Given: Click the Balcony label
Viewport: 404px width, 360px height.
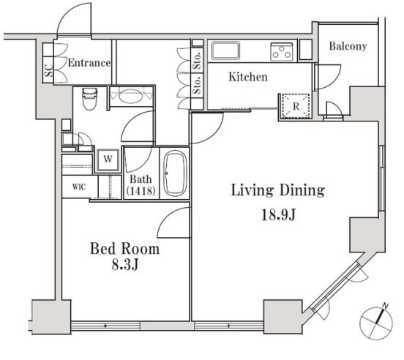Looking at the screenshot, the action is point(348,46).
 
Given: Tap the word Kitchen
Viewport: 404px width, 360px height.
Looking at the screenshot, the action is point(248,77).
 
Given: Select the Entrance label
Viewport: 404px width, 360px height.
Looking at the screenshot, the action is point(89,63).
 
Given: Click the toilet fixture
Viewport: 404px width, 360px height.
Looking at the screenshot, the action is point(89,99).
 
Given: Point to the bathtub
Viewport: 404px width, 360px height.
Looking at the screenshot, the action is point(175,173).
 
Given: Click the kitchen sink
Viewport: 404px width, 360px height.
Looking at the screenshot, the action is point(225,50).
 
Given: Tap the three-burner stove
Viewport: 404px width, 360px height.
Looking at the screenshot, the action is point(282,52).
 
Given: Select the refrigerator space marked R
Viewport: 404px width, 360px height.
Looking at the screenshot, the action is point(296,106).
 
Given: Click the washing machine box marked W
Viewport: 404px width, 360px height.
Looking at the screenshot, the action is point(108,160).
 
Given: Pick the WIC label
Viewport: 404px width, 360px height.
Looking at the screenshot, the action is point(79,187).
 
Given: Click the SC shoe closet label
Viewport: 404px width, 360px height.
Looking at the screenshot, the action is point(48,70).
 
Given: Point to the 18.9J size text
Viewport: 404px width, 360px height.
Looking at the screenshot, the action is point(278,215).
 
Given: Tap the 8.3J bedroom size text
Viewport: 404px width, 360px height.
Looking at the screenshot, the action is point(125,264).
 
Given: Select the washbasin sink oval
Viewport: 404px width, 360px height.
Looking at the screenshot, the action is point(130,97).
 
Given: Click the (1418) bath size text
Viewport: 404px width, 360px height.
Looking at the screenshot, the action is point(141,191).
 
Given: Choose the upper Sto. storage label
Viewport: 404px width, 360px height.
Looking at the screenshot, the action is point(198,61).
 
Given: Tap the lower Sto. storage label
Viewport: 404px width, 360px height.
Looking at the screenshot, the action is point(198,85).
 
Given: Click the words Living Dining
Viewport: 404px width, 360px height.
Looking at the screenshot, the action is point(278,190).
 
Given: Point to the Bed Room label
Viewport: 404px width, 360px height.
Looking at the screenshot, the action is point(125,249).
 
